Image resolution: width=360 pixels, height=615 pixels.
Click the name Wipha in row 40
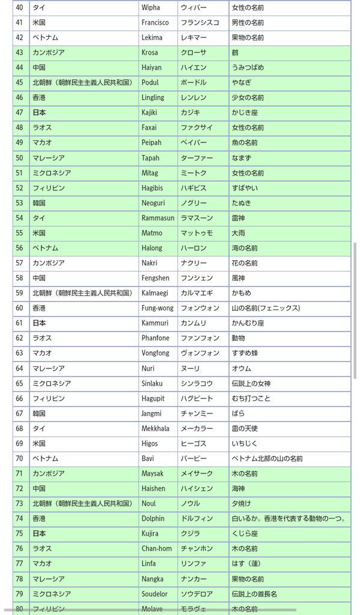point(150,7)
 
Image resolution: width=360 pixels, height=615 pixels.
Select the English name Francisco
point(155,22)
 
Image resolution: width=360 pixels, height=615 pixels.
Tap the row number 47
point(19,112)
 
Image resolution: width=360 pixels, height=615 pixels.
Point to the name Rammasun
point(158,218)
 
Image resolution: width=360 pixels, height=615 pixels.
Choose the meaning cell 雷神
point(239,218)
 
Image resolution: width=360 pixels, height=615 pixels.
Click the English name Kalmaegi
point(154,293)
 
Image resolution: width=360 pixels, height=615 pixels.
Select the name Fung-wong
point(157,308)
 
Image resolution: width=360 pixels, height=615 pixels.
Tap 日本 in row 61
point(39,323)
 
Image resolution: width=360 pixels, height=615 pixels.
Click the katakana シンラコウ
point(197,383)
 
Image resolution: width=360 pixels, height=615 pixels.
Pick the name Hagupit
point(153,398)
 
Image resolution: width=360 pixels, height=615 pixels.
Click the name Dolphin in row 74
point(153,518)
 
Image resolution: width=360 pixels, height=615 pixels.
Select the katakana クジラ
point(191,533)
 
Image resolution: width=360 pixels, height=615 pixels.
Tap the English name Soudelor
point(155,593)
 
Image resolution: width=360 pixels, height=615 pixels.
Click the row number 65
point(19,383)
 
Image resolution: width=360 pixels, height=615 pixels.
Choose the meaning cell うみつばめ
point(248,67)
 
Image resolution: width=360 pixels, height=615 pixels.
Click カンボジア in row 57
point(48,263)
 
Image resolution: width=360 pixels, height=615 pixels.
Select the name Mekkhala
point(155,428)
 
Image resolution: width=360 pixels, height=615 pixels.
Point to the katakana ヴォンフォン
point(200,353)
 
